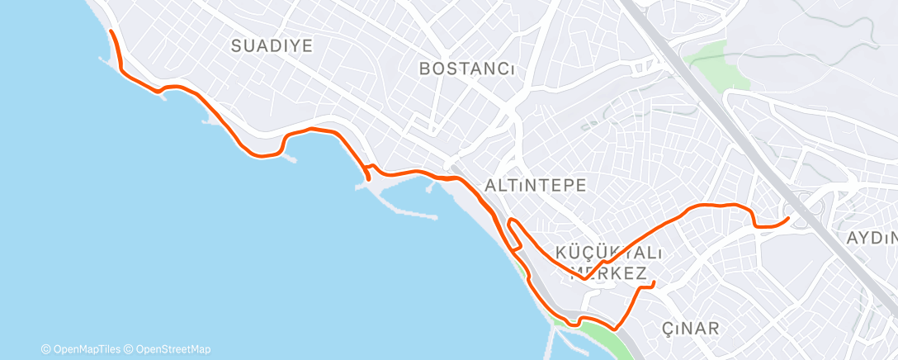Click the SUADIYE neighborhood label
[x=272, y=45]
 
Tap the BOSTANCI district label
[x=467, y=69]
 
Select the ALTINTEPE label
[x=536, y=185]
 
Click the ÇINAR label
[x=691, y=329]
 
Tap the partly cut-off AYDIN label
[x=872, y=238]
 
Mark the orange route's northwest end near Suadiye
[x=111, y=32]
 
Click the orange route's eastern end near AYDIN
[x=788, y=218]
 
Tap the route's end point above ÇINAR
[x=654, y=283]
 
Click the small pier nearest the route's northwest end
[x=104, y=59]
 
